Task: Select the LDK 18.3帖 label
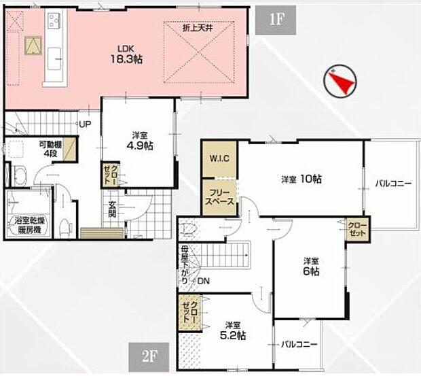click(x=127, y=54)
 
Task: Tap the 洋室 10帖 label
click(x=301, y=180)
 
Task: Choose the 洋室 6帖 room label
click(x=312, y=266)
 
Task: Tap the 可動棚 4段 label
click(x=52, y=148)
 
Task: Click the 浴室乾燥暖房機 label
click(x=29, y=224)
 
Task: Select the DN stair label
click(x=204, y=281)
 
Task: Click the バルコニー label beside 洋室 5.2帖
click(x=299, y=345)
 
